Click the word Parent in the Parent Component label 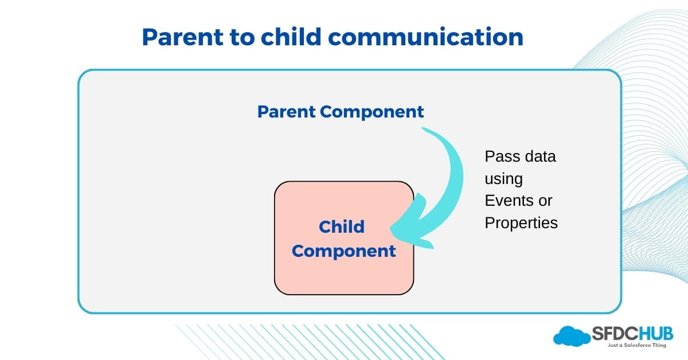[286, 111]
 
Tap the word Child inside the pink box [342, 226]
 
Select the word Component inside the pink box [344, 251]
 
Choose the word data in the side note [537, 156]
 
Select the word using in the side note [503, 179]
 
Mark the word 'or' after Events [545, 201]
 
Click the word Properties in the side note [521, 223]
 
